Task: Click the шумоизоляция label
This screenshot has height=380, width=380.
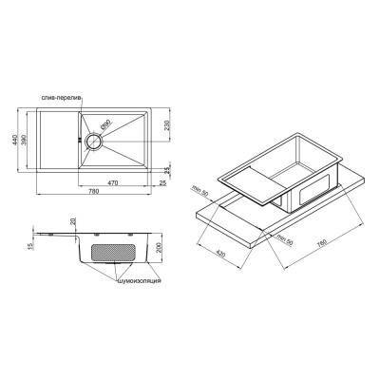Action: (x=140, y=282)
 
